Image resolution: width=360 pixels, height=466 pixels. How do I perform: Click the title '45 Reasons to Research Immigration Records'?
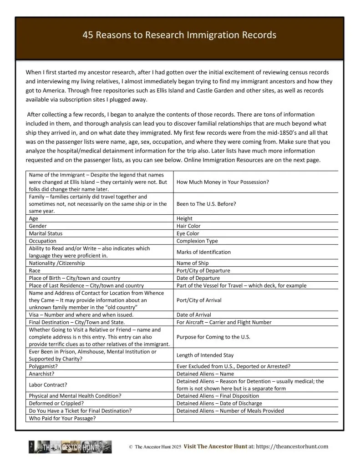click(180, 35)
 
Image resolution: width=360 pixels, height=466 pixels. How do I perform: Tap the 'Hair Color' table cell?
click(188, 226)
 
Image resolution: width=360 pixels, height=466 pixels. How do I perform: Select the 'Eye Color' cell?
click(188, 233)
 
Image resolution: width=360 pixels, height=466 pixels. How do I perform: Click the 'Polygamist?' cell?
click(43, 366)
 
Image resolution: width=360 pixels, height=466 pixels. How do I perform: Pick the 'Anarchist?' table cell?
click(42, 374)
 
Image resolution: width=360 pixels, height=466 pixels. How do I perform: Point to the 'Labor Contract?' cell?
click(47, 385)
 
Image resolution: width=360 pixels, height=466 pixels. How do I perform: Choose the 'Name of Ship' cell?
click(193, 263)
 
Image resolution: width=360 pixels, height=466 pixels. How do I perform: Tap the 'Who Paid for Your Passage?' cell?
click(62, 418)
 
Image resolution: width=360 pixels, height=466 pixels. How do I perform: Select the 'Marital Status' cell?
click(46, 233)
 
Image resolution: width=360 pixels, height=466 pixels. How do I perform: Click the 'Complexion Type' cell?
click(197, 241)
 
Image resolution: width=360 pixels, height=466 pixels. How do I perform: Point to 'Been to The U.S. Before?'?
click(206, 204)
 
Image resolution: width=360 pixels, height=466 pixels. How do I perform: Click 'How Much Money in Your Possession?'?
click(223, 182)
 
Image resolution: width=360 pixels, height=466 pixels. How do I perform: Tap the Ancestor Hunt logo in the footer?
click(70, 447)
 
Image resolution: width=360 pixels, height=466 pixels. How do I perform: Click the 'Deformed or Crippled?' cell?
click(57, 403)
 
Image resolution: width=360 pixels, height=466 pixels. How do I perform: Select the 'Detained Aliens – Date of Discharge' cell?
click(219, 403)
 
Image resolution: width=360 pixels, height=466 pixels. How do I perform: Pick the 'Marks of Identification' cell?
click(203, 252)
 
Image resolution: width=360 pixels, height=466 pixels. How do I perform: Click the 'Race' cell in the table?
click(35, 270)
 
